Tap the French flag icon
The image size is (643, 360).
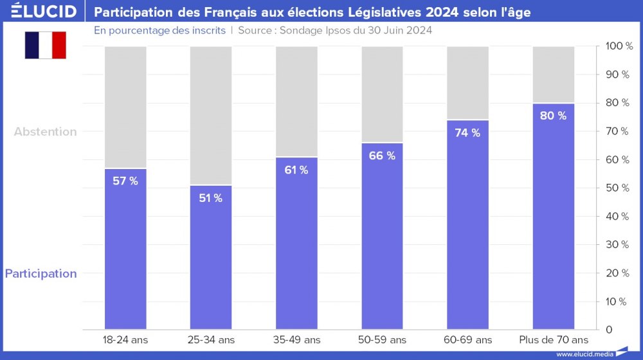46,45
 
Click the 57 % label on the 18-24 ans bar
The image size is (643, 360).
125,181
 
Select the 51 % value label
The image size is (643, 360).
210,198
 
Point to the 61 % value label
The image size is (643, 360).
296,170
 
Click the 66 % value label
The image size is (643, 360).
382,156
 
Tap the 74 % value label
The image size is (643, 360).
467,133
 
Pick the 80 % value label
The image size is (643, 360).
553,116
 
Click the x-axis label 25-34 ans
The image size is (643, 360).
210,339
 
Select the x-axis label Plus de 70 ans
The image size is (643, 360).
553,339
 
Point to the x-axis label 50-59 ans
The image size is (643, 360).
382,339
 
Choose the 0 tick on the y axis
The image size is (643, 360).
609,330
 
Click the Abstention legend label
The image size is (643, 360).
46,132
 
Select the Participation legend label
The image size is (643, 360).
41,274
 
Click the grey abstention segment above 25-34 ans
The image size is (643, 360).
210,116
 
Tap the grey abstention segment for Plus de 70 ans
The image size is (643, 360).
553,74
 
